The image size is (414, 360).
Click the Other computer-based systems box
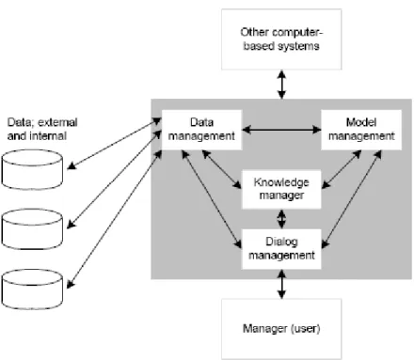pos(281,39)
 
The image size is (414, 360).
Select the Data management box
pos(201,130)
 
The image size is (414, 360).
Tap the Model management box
pos(361,130)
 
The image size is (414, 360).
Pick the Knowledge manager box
pos(281,189)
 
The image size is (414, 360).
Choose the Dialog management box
pos(281,249)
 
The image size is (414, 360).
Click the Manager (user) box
pos(281,329)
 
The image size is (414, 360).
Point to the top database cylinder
pos(32,169)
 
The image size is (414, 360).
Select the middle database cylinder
pos(32,229)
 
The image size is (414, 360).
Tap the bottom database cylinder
pos(32,289)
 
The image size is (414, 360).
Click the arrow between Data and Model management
pos(281,130)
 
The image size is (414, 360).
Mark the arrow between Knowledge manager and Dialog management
pos(281,219)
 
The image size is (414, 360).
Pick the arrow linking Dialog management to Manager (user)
pos(281,284)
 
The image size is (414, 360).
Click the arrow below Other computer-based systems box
pos(281,85)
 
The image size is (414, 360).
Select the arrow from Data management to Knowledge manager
pos(222,169)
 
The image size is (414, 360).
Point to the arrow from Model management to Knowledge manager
pos(342,169)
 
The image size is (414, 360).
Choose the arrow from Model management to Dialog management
pos(352,199)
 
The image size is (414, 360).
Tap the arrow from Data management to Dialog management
pos(212,199)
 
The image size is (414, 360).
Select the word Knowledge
pos(281,182)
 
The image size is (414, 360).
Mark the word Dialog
pos(281,243)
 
